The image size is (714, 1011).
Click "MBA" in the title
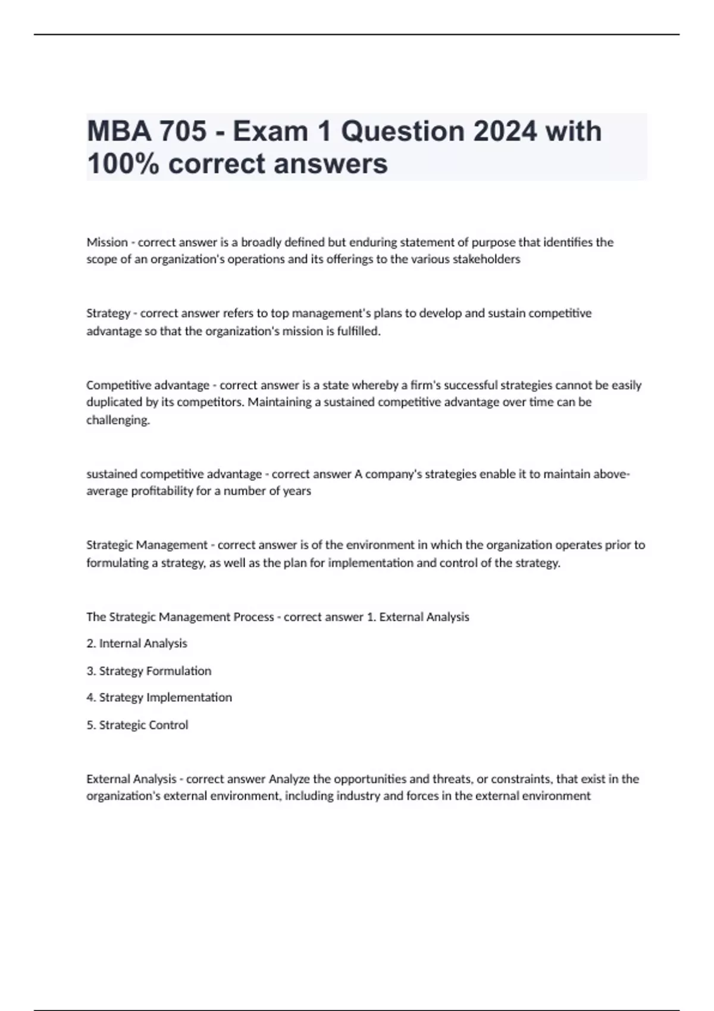tap(118, 131)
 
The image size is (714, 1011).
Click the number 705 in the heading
tap(182, 131)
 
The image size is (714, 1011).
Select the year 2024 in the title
tap(505, 131)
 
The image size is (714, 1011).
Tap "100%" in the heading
tap(123, 164)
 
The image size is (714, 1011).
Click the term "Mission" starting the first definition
tap(107, 242)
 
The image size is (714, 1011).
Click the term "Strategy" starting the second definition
tap(108, 313)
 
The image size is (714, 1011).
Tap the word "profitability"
tap(147, 491)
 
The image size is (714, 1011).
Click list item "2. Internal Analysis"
tap(137, 643)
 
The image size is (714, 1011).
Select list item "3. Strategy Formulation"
tap(149, 671)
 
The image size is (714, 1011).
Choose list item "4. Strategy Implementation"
tap(159, 698)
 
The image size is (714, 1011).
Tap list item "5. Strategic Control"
tap(137, 725)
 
